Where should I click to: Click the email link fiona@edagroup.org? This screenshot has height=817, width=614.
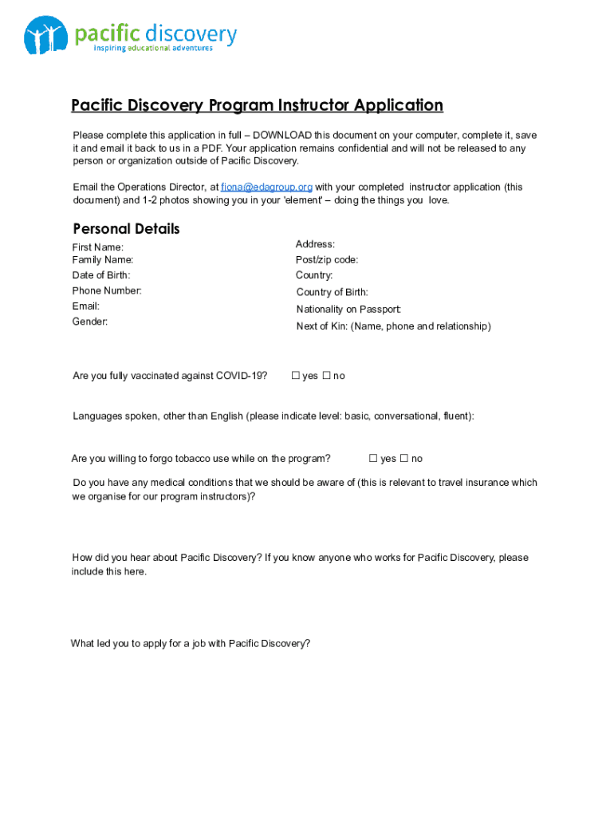[266, 187]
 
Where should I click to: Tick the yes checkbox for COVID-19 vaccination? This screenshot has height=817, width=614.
[295, 376]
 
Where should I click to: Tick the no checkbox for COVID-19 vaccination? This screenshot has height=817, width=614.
[325, 376]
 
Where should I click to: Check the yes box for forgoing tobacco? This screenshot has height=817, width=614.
[373, 459]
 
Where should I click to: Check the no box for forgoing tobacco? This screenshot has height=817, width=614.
[403, 459]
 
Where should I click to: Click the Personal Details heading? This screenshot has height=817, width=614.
[126, 229]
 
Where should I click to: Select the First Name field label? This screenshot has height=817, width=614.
[98, 247]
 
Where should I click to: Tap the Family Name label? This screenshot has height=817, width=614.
[103, 260]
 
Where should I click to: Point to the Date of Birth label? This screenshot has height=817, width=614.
[101, 275]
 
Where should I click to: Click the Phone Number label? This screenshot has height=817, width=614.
[107, 290]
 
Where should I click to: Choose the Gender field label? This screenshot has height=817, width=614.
[90, 322]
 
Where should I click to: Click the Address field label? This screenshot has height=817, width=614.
[315, 244]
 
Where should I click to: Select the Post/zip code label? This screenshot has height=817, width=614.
[327, 260]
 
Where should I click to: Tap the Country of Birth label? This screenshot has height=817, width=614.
[332, 293]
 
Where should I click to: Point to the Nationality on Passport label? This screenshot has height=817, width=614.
[348, 310]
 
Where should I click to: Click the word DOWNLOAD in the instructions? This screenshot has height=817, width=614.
[282, 136]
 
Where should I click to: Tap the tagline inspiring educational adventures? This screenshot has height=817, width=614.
[153, 49]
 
